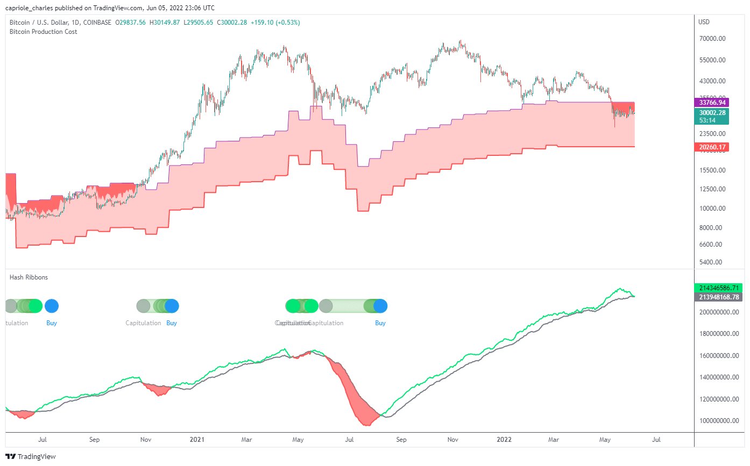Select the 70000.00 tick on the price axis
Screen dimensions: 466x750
tap(713, 39)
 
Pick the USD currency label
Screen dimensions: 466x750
tap(704, 22)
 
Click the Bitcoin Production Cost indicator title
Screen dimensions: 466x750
tap(43, 32)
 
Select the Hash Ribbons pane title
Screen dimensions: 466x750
tap(29, 277)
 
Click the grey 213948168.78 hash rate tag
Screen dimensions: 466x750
tap(718, 297)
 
